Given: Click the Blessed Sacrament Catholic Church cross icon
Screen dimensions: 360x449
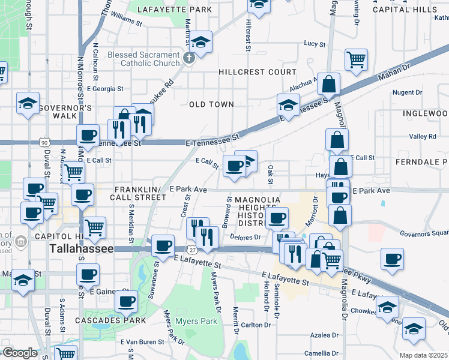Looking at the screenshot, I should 188,58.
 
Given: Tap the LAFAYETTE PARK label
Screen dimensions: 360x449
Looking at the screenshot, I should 175,10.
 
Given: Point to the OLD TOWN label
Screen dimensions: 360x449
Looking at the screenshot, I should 211,104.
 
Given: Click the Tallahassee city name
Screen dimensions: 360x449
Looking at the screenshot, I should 81,248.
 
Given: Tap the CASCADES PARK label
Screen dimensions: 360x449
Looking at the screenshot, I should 110,320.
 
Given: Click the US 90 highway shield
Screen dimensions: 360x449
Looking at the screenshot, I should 44,142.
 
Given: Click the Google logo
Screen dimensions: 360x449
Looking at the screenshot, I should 19,352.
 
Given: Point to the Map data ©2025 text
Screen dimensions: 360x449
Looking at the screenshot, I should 423,355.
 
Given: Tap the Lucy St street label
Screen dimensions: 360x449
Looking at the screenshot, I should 314,44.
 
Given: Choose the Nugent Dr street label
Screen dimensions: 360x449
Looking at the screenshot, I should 407,92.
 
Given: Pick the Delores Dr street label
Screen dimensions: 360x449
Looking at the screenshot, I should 245,237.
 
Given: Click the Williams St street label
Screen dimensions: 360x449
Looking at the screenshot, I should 125,20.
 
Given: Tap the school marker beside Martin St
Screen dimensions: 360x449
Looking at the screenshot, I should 202,42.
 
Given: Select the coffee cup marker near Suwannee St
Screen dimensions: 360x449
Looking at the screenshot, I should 163,245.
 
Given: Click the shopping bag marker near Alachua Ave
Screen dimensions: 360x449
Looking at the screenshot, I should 329,84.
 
